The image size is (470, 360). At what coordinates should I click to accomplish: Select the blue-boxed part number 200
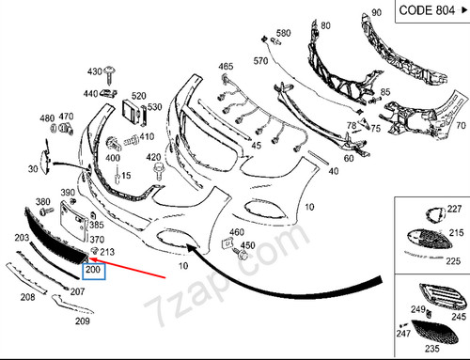click(x=93, y=272)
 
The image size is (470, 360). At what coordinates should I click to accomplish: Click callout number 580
click(x=283, y=34)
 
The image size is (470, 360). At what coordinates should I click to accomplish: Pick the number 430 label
click(x=95, y=71)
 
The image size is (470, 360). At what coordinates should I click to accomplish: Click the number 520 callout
click(x=139, y=96)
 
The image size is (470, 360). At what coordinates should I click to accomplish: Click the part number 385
click(x=96, y=226)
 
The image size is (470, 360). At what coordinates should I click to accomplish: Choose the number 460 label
click(x=237, y=232)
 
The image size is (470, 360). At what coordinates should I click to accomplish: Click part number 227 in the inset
click(x=454, y=209)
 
